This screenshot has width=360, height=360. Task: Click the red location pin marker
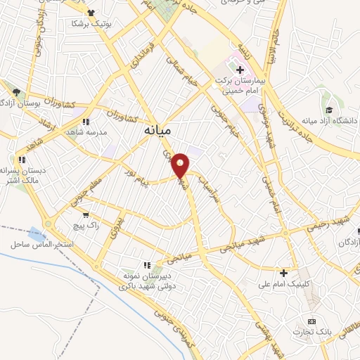click(x=181, y=165)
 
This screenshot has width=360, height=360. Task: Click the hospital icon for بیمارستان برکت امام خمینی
click(x=240, y=70)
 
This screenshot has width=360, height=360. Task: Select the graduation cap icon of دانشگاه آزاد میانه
click(x=329, y=110)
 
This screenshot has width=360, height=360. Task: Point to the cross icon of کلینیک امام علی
click(x=284, y=273)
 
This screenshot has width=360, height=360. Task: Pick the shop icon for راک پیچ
click(x=86, y=215)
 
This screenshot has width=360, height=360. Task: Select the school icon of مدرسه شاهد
click(x=86, y=121)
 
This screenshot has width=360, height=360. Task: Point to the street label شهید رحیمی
click(x=328, y=224)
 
